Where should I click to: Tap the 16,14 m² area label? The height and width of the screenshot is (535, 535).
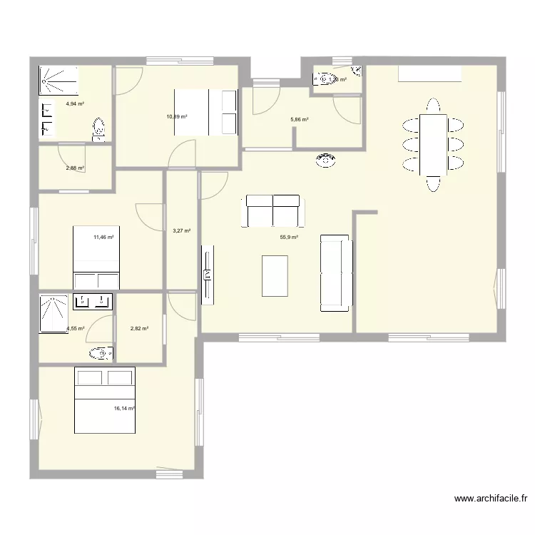(124, 409)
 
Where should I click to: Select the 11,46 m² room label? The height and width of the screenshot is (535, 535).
(103, 238)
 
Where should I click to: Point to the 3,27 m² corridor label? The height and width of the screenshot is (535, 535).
(182, 230)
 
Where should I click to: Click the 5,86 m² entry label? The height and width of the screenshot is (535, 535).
(300, 120)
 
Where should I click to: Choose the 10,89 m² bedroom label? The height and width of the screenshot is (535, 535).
(177, 116)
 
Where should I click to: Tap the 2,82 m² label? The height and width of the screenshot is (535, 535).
(139, 329)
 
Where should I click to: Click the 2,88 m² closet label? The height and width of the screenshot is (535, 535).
(75, 168)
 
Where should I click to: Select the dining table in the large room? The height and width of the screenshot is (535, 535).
(434, 144)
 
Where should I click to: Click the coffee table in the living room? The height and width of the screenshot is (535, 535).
(275, 275)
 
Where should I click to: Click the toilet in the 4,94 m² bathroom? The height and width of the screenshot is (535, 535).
(99, 129)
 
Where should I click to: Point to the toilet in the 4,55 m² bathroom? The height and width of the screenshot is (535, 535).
(100, 352)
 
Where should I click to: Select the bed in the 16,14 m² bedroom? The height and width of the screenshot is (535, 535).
(105, 400)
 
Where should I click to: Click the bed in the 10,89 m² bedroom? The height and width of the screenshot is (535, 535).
(205, 112)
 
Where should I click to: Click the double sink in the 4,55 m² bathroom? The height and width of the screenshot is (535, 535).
(93, 302)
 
